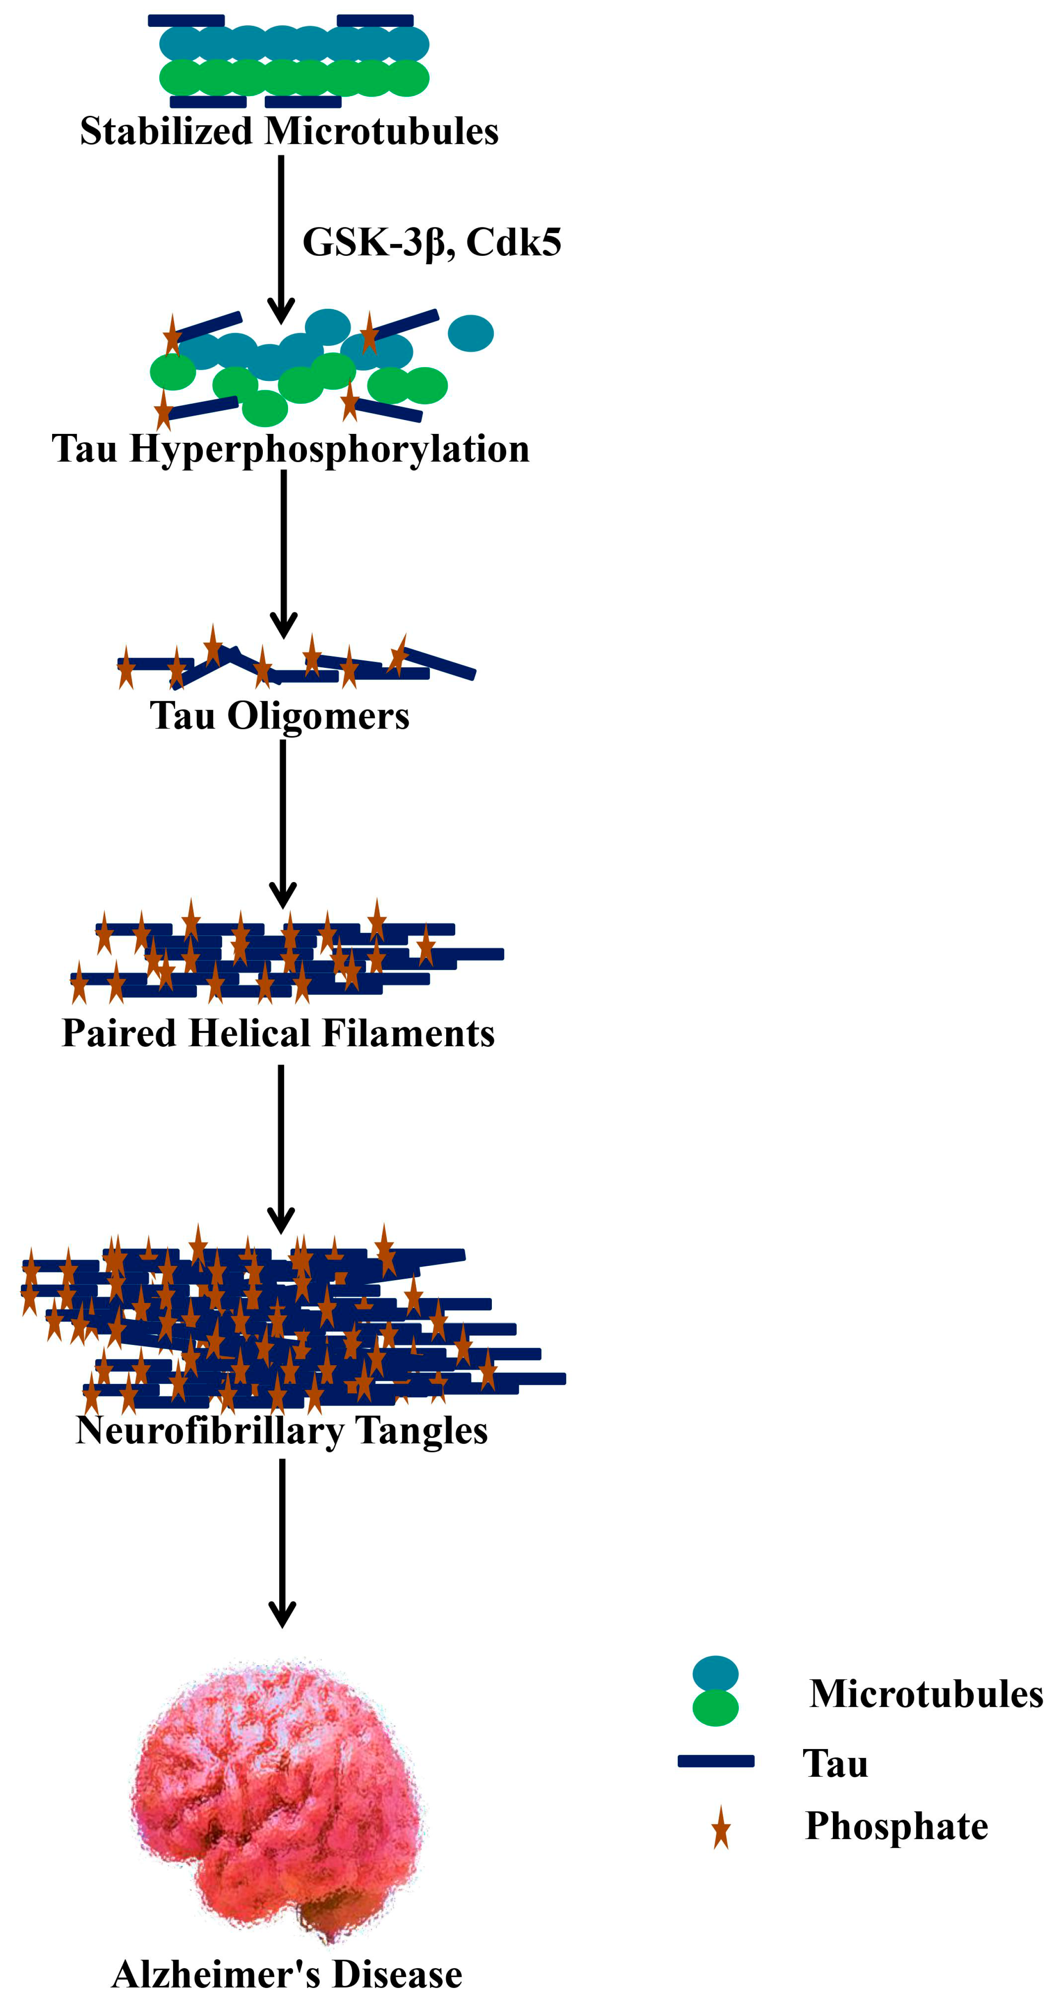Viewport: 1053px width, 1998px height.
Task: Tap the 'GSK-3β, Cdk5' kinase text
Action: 432,242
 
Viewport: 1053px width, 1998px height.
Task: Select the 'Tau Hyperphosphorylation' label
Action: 290,448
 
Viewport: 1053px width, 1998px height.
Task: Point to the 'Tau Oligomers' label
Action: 280,715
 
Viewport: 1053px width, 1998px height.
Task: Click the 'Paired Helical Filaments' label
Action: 278,1033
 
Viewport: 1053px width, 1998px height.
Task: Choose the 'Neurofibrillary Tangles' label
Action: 282,1430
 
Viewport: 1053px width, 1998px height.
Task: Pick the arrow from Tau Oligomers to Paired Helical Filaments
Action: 282,822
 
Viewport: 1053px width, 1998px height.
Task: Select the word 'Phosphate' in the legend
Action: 896,1826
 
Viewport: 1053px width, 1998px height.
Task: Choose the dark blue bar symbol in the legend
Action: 716,1761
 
